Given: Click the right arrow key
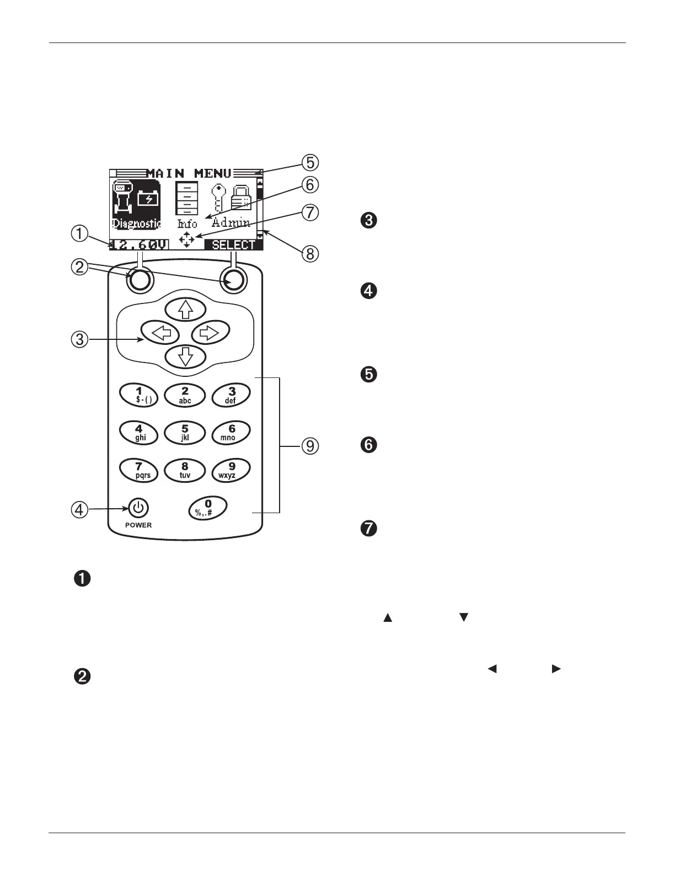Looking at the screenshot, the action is [x=210, y=332].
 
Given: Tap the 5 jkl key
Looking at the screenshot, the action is [x=185, y=433].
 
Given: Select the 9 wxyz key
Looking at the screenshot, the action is [x=231, y=470].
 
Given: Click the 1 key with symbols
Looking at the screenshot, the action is [x=139, y=395].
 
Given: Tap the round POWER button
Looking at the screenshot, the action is [x=138, y=508].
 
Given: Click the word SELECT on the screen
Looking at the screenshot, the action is [x=233, y=245].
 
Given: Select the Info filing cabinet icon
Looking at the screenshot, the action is [x=186, y=198].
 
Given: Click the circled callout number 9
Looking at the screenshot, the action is [x=310, y=445].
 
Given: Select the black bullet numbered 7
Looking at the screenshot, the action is [x=368, y=529].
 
